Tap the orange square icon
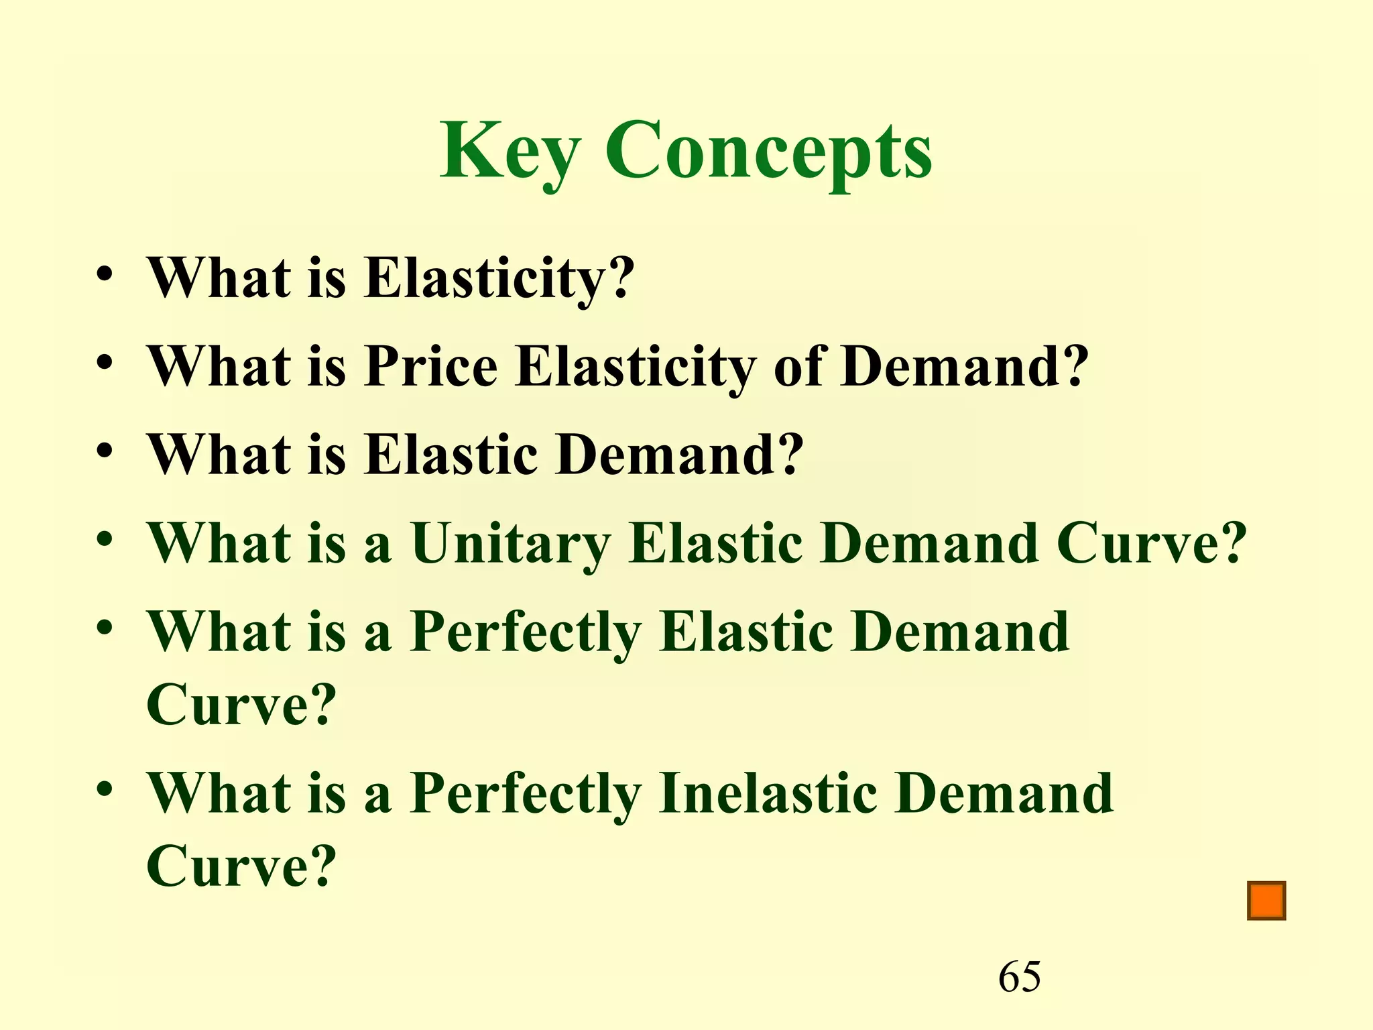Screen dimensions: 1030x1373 coord(1266,901)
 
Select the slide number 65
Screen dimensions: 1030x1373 coord(1020,976)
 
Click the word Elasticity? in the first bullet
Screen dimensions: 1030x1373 coord(499,278)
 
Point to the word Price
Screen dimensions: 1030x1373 coord(430,367)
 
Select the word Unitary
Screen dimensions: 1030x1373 coord(510,543)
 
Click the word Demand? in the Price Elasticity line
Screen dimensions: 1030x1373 coord(965,367)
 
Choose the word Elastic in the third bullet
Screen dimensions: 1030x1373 coord(451,455)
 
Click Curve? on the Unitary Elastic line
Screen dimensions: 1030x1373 coord(1151,543)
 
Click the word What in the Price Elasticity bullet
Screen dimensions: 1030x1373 coord(219,367)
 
